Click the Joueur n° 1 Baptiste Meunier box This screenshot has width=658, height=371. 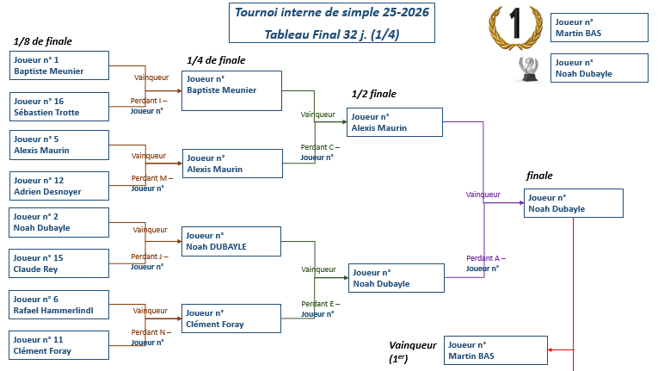pos(59,65)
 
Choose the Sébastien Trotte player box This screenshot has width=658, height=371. pos(59,107)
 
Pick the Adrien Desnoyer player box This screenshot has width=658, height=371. pos(59,186)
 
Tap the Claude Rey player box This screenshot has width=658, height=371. pos(59,263)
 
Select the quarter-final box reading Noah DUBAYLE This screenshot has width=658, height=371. pos(231,240)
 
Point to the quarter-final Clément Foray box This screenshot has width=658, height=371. pos(231,318)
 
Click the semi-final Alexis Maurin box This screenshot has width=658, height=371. pos(395,122)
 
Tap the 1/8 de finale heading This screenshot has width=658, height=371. pos(43,41)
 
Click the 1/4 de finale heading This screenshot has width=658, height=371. pos(216,60)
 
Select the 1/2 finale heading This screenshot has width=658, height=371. pos(374,94)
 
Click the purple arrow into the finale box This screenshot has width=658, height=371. pos(517,203)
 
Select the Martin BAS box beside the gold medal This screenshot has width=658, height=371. pos(599,27)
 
